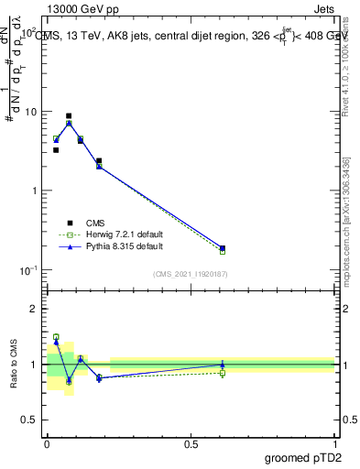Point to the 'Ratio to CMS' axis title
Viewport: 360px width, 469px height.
pos(16,365)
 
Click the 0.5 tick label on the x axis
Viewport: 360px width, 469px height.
pos(191,444)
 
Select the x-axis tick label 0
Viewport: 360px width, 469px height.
pos(47,444)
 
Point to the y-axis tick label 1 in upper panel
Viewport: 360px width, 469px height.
pos(35,191)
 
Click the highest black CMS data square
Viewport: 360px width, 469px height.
pos(69,116)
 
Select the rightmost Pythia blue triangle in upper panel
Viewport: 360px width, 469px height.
pos(223,247)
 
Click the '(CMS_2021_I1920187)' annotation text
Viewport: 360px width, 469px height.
pos(191,275)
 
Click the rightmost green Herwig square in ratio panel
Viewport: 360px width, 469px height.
pos(223,373)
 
